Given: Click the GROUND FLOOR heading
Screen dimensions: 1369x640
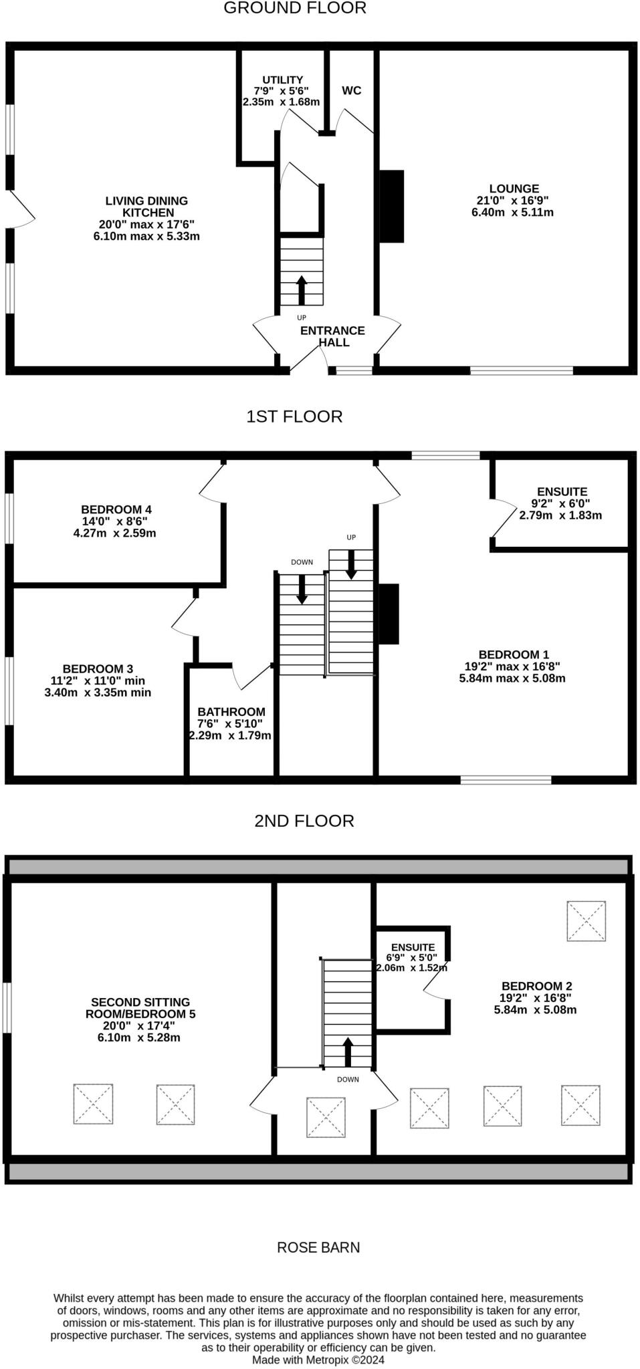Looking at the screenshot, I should tap(294, 9).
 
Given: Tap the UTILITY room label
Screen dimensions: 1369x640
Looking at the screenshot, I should tap(282, 80).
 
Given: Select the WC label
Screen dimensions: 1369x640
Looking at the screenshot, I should tap(352, 91).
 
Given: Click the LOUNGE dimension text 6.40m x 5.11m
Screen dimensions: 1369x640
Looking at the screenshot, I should tap(513, 213).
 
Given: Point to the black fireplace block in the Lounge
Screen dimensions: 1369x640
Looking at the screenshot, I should tap(393, 207).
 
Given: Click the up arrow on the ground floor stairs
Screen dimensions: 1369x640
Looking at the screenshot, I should tap(301, 289).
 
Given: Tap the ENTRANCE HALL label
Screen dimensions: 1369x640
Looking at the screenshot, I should tap(333, 336).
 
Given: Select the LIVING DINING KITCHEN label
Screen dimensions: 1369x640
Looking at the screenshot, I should tap(146, 207).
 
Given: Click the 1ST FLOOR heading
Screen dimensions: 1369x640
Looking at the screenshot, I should tap(294, 416).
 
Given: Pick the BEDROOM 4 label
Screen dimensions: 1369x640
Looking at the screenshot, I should tap(112, 509).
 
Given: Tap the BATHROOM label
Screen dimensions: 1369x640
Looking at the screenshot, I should tap(231, 712).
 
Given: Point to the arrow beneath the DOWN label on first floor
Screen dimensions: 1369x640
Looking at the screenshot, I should tap(302, 588).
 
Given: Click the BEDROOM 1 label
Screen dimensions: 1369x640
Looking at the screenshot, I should tap(514, 654).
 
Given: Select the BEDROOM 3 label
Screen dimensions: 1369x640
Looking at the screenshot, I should tap(98, 668).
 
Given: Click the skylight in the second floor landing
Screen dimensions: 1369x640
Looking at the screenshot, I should tap(326, 1117).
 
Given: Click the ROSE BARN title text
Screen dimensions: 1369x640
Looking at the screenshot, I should tap(318, 1247).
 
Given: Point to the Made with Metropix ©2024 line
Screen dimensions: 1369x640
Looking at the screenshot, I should tap(318, 1360).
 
